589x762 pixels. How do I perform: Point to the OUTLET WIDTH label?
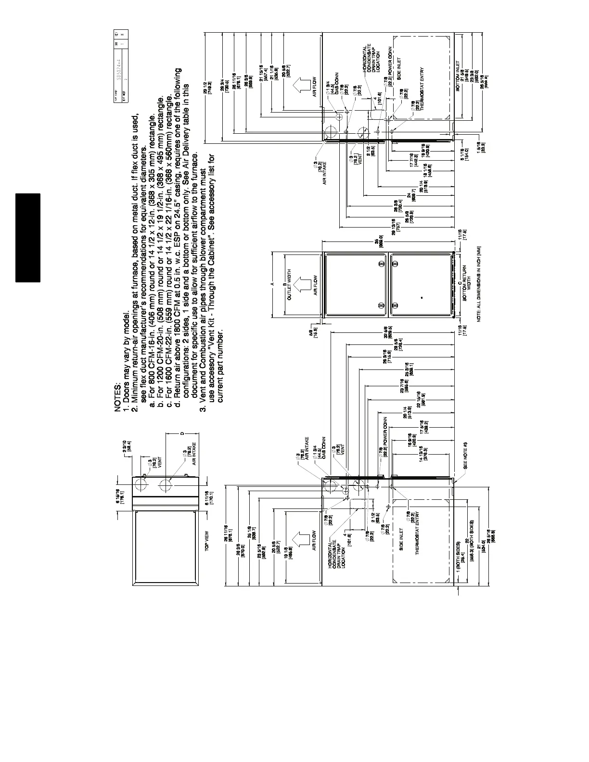point(290,285)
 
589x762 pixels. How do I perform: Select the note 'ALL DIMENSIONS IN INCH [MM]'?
point(480,284)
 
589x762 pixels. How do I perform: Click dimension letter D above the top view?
point(182,434)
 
